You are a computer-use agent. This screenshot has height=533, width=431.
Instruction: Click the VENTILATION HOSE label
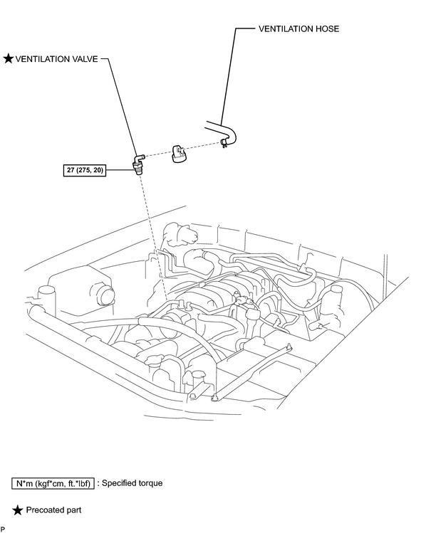pos(298,29)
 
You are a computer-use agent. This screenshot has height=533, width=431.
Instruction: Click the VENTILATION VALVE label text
pos(56,59)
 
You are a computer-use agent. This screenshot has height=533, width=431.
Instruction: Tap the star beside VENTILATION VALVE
pos(8,59)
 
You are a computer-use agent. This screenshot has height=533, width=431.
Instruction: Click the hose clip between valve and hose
pos(178,154)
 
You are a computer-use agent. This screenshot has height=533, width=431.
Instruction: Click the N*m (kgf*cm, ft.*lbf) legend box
pos(53,483)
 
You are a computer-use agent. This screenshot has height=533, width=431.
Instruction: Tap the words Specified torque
pos(132,483)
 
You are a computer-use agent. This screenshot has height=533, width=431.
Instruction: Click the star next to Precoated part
pos(18,510)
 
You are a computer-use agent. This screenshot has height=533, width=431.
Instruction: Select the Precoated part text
pos(53,510)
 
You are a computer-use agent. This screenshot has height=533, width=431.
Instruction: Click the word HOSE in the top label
pos(326,29)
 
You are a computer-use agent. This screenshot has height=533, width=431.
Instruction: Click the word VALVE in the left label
pos(85,59)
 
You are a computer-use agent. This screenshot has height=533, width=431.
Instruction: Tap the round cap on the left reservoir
pos(105,295)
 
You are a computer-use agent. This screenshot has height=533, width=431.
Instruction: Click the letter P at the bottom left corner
pos(2,529)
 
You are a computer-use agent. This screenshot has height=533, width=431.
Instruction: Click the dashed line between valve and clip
pos(157,153)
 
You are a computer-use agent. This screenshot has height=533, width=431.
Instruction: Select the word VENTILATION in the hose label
pos(285,29)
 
